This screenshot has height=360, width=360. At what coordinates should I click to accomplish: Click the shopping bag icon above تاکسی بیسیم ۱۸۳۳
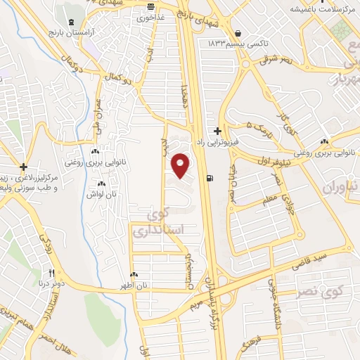click(x=239, y=33)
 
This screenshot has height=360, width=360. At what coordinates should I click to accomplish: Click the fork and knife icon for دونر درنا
click(x=51, y=273)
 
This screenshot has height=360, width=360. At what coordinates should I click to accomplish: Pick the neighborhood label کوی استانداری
click(x=148, y=223)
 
